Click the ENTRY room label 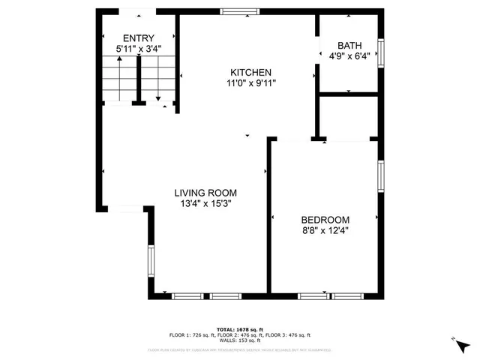point(139,38)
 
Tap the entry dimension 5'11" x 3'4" point(139,49)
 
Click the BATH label point(349,45)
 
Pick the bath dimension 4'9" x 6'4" point(349,55)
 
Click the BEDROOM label point(325,220)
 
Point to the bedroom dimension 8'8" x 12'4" point(325,231)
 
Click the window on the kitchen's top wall point(240,11)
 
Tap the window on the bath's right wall point(381,52)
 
